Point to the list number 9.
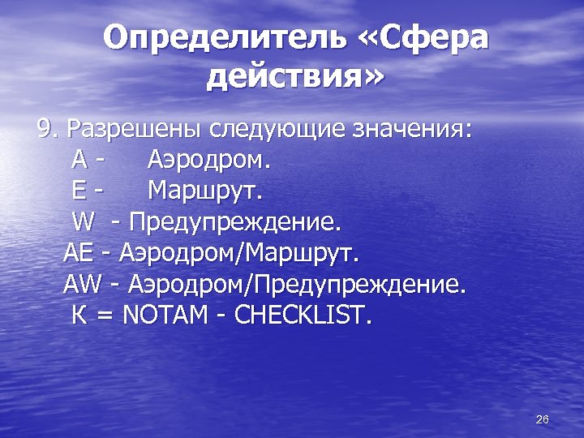pos(49,130)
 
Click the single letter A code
pos(79,160)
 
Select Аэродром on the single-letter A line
pos(208,160)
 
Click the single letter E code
pos(79,191)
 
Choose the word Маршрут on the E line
pos(204,191)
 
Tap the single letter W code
pos(83,221)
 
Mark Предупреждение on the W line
pos(236,221)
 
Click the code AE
pos(79,252)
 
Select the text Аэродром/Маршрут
pos(238,252)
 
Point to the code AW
pos(81,283)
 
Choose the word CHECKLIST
pos(302,314)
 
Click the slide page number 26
pos(543,419)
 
